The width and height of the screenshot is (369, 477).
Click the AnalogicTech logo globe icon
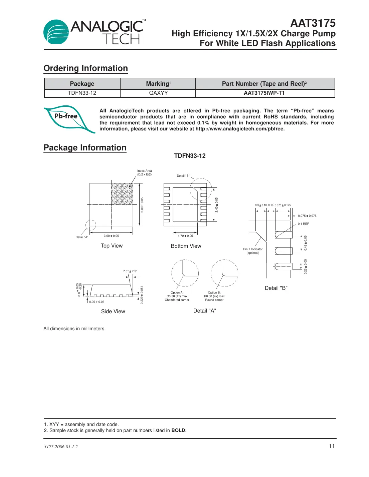[56, 32]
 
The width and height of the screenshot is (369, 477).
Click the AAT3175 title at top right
[313, 23]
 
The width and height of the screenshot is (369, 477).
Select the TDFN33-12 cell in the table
[82, 93]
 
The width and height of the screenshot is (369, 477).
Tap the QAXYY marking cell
[158, 93]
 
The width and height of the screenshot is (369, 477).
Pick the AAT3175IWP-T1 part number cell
[264, 93]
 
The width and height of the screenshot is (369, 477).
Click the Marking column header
[158, 84]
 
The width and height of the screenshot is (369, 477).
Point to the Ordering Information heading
[85, 68]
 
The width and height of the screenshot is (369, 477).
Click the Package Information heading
[85, 148]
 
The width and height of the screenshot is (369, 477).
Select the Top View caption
[112, 246]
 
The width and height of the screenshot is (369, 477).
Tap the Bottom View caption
[186, 246]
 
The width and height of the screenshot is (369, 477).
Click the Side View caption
[113, 312]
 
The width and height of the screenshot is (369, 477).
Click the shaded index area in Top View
[122, 194]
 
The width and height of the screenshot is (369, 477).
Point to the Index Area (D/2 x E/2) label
[144, 172]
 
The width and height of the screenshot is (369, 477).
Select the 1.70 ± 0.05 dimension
[185, 236]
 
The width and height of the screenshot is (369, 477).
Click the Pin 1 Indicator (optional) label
[253, 251]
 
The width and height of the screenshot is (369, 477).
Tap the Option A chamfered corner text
[177, 296]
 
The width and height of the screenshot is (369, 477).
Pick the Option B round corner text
[214, 296]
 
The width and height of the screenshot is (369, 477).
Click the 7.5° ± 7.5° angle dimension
[130, 271]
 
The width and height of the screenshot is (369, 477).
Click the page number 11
[331, 446]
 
